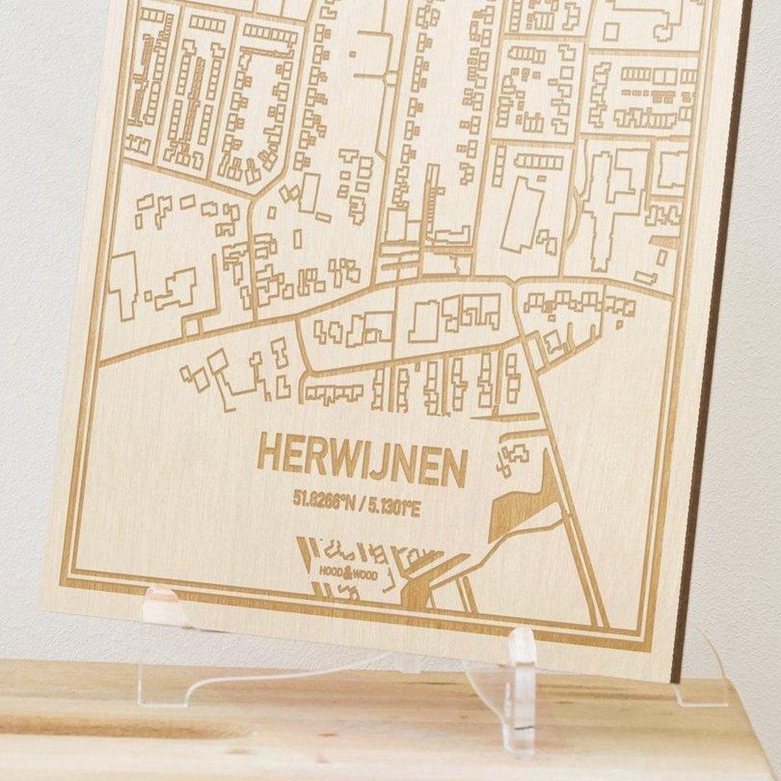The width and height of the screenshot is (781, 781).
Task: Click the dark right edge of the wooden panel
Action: click(x=706, y=390)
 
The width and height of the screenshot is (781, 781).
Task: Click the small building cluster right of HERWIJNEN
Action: click(x=513, y=456)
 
